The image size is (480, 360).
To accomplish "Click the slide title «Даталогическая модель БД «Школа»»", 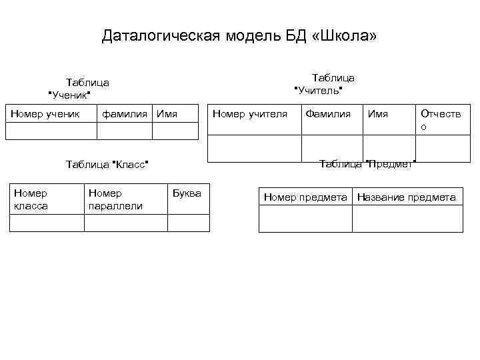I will pos(239,35).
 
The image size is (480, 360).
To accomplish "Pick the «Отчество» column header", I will pos(440,120).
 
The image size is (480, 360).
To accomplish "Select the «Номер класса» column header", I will pos(31,199).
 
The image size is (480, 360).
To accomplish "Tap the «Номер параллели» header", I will pos(115,199).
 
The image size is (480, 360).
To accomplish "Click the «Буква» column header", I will pos(187,193).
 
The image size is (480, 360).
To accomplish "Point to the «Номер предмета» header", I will pos(305,197).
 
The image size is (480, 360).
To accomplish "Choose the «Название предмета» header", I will pos(407,197).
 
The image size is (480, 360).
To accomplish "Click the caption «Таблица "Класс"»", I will pos(107,164).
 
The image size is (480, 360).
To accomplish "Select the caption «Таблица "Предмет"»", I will pos(368,163).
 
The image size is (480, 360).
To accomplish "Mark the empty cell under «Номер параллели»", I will pos(125,223).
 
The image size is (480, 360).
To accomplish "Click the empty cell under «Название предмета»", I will pos(407,219).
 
